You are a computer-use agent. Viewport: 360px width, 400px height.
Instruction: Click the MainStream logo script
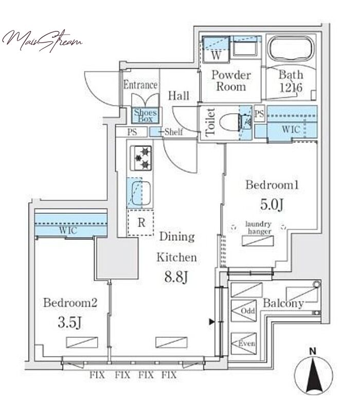[x=42, y=41]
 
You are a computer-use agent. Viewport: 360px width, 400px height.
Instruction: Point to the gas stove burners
[x=141, y=158]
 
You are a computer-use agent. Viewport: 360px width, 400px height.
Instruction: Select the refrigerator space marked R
[x=141, y=222]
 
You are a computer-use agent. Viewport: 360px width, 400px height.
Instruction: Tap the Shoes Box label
[x=145, y=115]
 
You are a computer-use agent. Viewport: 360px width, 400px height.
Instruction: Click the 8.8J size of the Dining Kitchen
[x=176, y=277]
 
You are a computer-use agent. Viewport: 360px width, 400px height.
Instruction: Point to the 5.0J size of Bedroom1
[x=272, y=204]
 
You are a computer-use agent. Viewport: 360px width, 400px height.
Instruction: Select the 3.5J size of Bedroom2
[x=69, y=322]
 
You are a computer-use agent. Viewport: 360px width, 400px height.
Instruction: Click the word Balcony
[x=283, y=303]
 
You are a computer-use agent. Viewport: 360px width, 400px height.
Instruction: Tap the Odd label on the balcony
[x=248, y=311]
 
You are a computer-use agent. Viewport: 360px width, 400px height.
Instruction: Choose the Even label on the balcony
[x=246, y=343]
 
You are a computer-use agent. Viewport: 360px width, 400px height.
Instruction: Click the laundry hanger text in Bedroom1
[x=258, y=228]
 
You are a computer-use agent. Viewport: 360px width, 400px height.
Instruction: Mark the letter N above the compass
[x=313, y=352]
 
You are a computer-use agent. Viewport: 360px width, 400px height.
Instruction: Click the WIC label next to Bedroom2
[x=68, y=230]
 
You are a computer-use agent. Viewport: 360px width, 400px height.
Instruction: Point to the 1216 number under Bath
[x=291, y=88]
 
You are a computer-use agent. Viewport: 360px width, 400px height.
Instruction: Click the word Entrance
[x=140, y=85]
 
